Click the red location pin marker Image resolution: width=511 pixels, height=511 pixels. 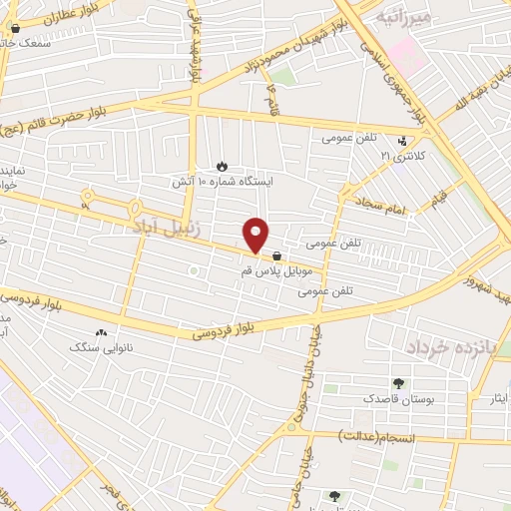(256, 235)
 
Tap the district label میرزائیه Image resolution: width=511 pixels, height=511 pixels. (404, 17)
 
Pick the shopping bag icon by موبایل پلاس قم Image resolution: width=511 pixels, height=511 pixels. (276, 255)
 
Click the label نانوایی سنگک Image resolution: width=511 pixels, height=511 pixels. (99, 348)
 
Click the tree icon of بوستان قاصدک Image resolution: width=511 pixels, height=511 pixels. (399, 383)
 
